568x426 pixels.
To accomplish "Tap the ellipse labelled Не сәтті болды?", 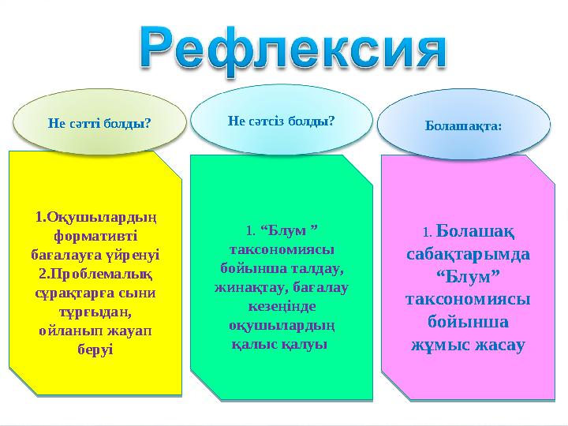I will (x=99, y=122).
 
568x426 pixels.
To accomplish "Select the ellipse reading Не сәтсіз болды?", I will (x=281, y=121).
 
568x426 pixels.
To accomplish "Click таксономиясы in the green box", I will (x=281, y=248).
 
